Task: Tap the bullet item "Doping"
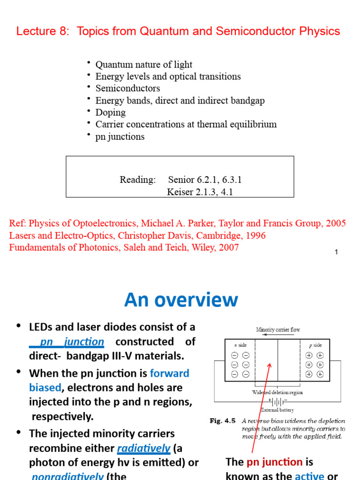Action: (x=111, y=112)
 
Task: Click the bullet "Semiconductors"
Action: (x=127, y=89)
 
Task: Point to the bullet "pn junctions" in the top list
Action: (x=120, y=137)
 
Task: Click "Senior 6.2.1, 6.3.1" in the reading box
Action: (x=205, y=180)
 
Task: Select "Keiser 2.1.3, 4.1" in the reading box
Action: (x=200, y=192)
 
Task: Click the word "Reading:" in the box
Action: (x=137, y=180)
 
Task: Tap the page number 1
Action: (x=336, y=253)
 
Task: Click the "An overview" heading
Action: (x=181, y=300)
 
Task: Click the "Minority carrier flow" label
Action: (x=278, y=330)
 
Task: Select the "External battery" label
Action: (x=277, y=410)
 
